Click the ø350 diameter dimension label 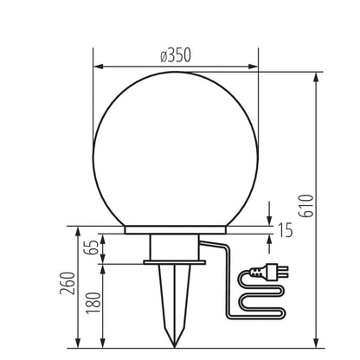(176, 55)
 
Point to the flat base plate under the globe (176, 231)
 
